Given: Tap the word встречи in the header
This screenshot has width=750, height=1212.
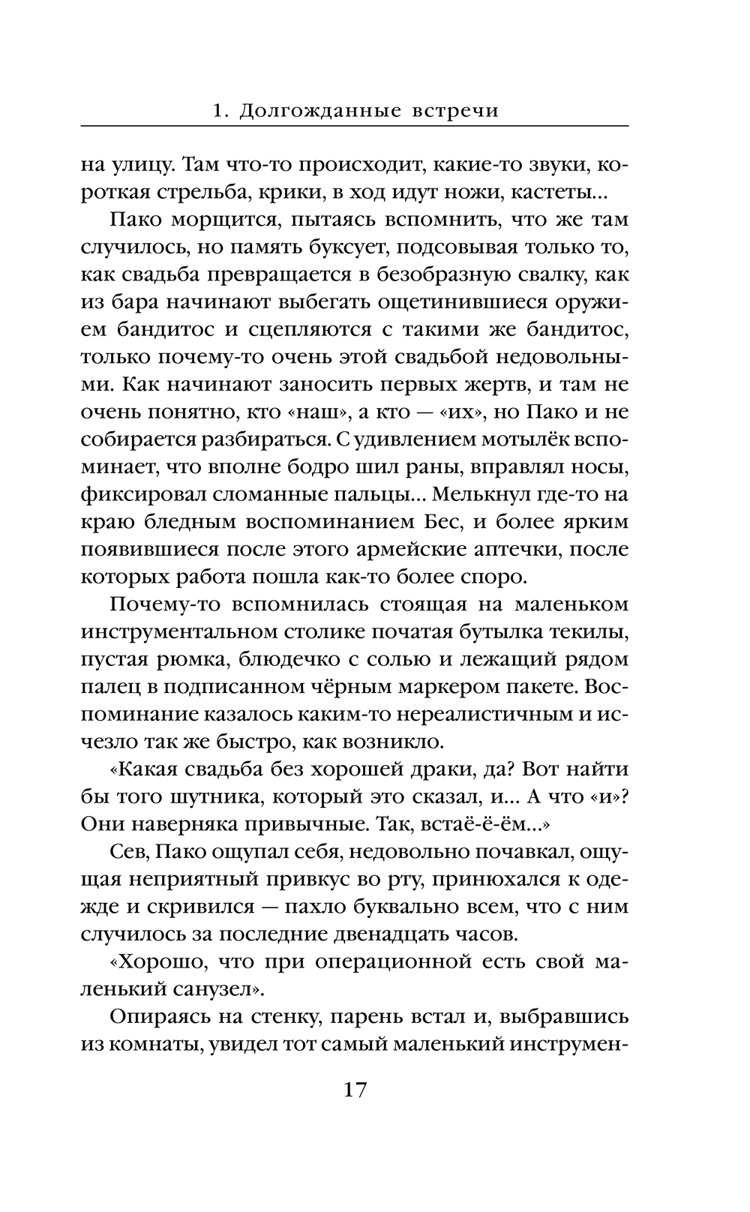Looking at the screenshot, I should coord(455,111).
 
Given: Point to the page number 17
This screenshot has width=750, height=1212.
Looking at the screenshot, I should coord(355,1090).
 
